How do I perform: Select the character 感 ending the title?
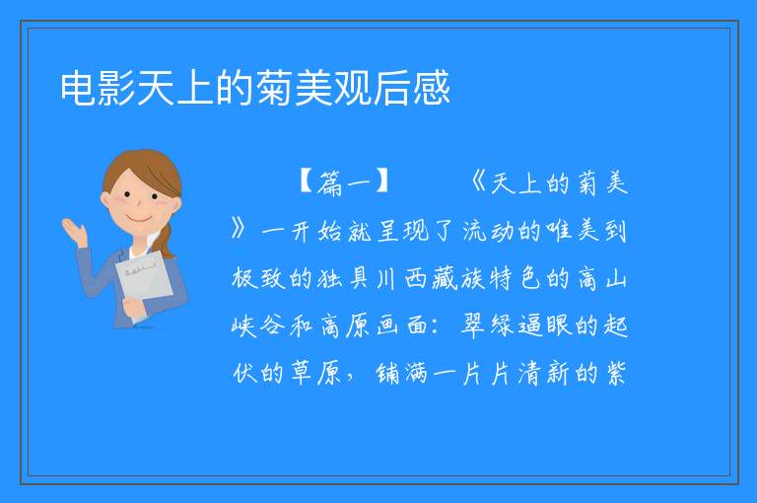coord(431,88)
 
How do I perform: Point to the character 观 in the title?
coord(353,88)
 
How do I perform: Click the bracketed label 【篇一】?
coord(345,182)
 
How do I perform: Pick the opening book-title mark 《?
coord(478,182)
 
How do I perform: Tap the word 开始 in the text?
coord(318,231)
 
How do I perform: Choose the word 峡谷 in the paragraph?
coord(259,325)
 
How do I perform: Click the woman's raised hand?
coord(75,231)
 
